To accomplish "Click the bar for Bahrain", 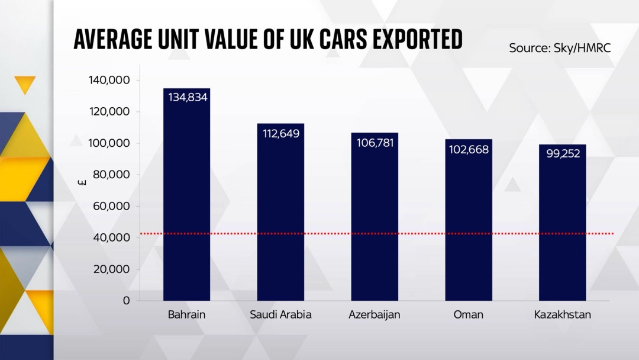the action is point(186,194).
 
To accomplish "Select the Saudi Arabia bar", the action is point(280,212).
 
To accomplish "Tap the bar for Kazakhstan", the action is point(563,223).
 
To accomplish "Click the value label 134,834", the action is point(188,98).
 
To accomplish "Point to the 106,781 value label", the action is point(375,143).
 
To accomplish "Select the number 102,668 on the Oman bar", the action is point(469,150).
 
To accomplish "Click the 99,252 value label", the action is point(563,153).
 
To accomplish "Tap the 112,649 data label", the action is point(281,134).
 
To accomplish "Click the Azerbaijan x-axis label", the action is point(374,315).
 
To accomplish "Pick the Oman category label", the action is point(468,315).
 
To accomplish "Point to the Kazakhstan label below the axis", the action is point(563,315).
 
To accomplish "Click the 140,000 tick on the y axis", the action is point(109,81).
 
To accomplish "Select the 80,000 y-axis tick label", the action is point(111,175).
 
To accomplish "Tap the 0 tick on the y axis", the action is point(127,300).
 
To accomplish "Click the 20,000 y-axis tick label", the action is point(111,269).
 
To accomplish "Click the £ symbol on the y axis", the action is point(82,182).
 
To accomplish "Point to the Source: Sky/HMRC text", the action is point(560,48).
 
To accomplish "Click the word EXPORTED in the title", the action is point(417,40).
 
